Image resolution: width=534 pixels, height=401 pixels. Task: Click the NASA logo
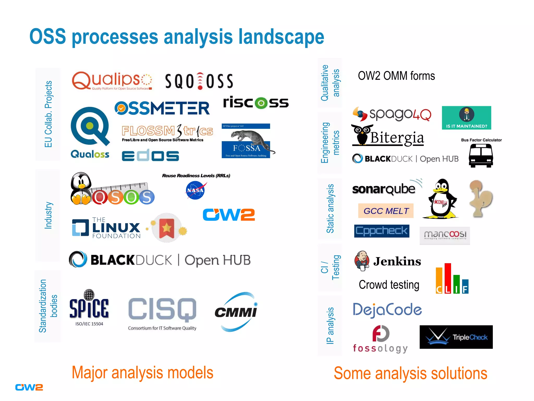click(195, 190)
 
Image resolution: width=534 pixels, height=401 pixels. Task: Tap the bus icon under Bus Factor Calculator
click(481, 156)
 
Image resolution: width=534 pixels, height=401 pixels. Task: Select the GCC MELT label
click(386, 211)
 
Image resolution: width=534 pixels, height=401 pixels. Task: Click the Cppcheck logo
click(381, 231)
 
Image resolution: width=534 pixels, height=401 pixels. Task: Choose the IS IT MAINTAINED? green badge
click(466, 118)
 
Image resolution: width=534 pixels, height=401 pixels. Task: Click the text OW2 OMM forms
click(396, 76)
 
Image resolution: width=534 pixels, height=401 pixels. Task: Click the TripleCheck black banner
click(456, 337)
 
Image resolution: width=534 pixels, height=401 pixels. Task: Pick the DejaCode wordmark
click(387, 310)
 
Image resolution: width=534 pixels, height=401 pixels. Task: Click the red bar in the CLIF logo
click(448, 278)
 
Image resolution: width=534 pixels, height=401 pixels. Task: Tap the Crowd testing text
click(389, 285)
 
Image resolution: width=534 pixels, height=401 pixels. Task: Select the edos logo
click(150, 155)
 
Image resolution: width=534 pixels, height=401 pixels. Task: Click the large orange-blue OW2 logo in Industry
click(229, 215)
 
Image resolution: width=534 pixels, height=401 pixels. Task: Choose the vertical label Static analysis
click(330, 209)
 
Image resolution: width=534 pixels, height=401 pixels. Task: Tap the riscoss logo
click(256, 102)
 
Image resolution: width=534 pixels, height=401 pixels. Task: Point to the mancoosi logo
click(445, 235)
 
